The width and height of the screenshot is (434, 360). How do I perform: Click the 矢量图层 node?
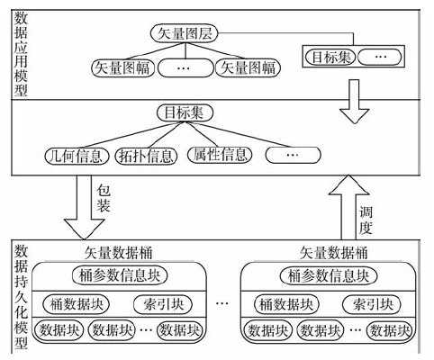tap(184, 33)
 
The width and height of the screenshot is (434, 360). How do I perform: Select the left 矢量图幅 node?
tap(122, 67)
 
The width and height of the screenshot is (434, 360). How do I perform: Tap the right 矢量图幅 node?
tap(248, 67)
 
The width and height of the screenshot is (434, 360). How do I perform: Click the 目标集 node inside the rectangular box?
tap(330, 57)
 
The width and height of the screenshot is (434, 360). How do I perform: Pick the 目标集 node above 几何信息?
tap(185, 113)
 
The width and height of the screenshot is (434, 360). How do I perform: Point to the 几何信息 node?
tap(77, 156)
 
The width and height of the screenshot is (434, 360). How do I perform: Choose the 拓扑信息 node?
tap(146, 156)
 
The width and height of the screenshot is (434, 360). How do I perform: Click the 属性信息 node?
tap(220, 155)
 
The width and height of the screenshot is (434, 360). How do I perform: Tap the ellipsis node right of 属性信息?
tap(293, 155)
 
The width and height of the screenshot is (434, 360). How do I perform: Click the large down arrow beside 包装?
tap(84, 207)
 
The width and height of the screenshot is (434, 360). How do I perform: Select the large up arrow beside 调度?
tap(348, 207)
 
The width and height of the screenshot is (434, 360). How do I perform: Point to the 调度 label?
tap(366, 221)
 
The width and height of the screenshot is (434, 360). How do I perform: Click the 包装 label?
tap(104, 198)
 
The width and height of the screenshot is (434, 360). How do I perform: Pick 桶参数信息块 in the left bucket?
tap(120, 275)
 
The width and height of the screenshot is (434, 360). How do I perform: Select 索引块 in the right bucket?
tap(372, 304)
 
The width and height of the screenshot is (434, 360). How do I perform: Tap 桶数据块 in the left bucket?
tap(77, 304)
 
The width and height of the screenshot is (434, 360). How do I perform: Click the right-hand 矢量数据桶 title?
tap(334, 253)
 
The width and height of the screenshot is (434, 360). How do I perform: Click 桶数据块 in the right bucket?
tap(286, 304)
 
